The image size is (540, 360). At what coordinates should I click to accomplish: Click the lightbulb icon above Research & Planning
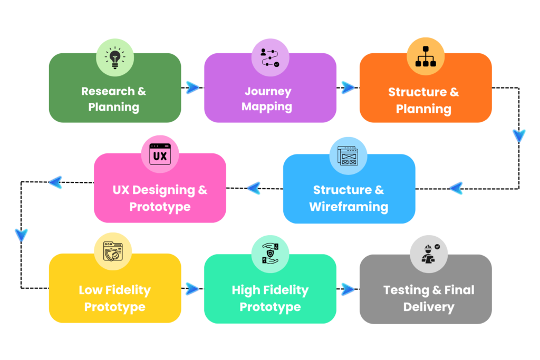(x=114, y=57)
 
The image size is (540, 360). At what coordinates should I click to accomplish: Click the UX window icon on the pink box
(x=160, y=155)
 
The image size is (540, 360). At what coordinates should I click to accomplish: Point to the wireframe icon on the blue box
(x=348, y=156)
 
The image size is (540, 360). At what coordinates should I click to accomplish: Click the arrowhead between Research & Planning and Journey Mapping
(x=192, y=88)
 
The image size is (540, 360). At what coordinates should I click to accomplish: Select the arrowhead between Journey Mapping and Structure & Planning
(x=348, y=88)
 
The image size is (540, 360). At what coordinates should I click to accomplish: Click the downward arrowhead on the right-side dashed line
(x=519, y=136)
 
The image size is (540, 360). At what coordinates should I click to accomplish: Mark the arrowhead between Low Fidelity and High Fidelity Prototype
(x=192, y=288)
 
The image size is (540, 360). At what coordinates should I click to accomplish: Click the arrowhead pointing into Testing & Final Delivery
(x=348, y=288)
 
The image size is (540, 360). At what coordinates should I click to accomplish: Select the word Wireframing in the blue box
(x=349, y=207)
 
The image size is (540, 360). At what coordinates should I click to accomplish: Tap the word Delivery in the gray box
(x=429, y=307)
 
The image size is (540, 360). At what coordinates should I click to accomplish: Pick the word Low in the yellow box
(x=89, y=290)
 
